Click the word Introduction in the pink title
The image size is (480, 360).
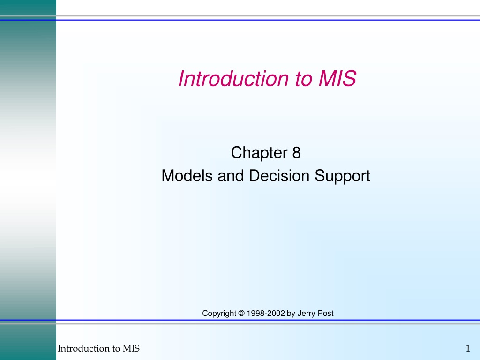[233, 79]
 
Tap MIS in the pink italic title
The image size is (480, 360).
[337, 79]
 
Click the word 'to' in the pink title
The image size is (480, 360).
[303, 79]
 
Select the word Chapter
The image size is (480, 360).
[259, 153]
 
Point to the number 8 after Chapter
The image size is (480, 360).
[296, 153]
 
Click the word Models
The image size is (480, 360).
[187, 176]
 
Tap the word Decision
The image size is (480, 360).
[279, 176]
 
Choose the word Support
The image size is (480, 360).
[343, 176]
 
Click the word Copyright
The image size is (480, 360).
[219, 314]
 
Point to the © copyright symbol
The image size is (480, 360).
[241, 313]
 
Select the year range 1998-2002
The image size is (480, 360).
[266, 313]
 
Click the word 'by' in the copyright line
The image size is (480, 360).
[291, 314]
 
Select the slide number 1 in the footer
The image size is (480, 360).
[468, 348]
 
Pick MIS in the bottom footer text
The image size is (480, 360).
[131, 348]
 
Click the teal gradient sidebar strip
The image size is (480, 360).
[28, 180]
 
